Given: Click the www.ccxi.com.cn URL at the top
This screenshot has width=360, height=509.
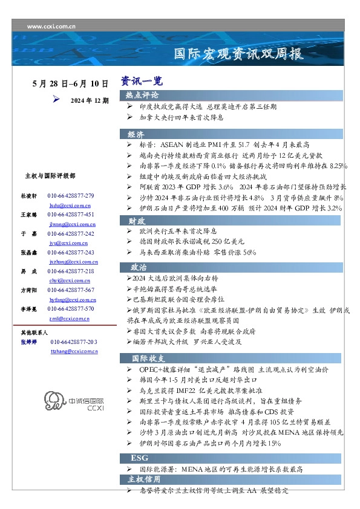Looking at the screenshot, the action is click(x=51, y=26).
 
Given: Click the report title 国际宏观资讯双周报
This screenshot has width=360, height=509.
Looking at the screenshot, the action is click(x=238, y=54).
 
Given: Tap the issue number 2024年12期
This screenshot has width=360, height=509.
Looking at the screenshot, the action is click(x=90, y=100).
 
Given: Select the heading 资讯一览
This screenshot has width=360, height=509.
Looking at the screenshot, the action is click(x=142, y=81).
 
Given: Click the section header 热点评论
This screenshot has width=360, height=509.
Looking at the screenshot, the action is click(x=142, y=96).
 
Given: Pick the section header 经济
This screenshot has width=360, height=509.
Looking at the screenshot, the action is click(x=136, y=134).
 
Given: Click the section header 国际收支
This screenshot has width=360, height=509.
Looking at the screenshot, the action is click(x=145, y=358).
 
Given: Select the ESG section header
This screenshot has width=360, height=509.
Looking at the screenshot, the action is click(x=140, y=457).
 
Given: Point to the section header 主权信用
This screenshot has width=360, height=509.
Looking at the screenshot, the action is click(x=144, y=479).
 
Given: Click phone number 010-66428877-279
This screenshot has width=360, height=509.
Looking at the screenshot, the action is click(x=71, y=196).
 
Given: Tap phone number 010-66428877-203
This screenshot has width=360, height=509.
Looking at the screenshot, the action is click(x=74, y=342).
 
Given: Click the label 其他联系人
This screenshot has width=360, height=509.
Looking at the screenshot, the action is click(x=34, y=332).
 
